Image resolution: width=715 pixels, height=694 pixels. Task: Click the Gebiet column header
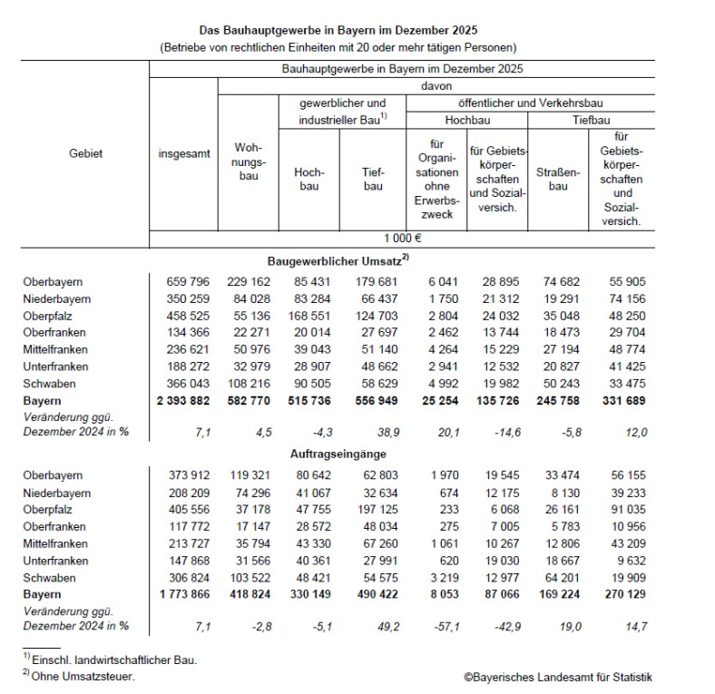click(85, 153)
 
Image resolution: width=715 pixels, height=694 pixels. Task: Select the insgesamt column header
click(184, 153)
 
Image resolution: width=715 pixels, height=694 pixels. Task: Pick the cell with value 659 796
click(184, 282)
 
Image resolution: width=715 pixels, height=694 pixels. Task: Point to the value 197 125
click(374, 509)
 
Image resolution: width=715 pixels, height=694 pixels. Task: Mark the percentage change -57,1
click(436, 627)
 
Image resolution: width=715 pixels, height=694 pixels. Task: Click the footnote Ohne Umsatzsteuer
click(80, 677)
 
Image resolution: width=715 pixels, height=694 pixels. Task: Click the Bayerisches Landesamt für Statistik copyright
click(557, 677)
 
